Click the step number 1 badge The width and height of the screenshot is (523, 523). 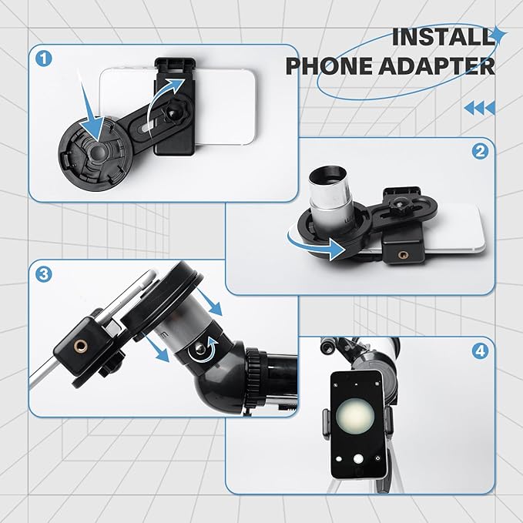point(45,59)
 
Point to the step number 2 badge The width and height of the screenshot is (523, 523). point(481,152)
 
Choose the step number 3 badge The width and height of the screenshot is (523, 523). point(45,274)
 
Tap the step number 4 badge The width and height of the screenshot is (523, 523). point(481,352)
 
